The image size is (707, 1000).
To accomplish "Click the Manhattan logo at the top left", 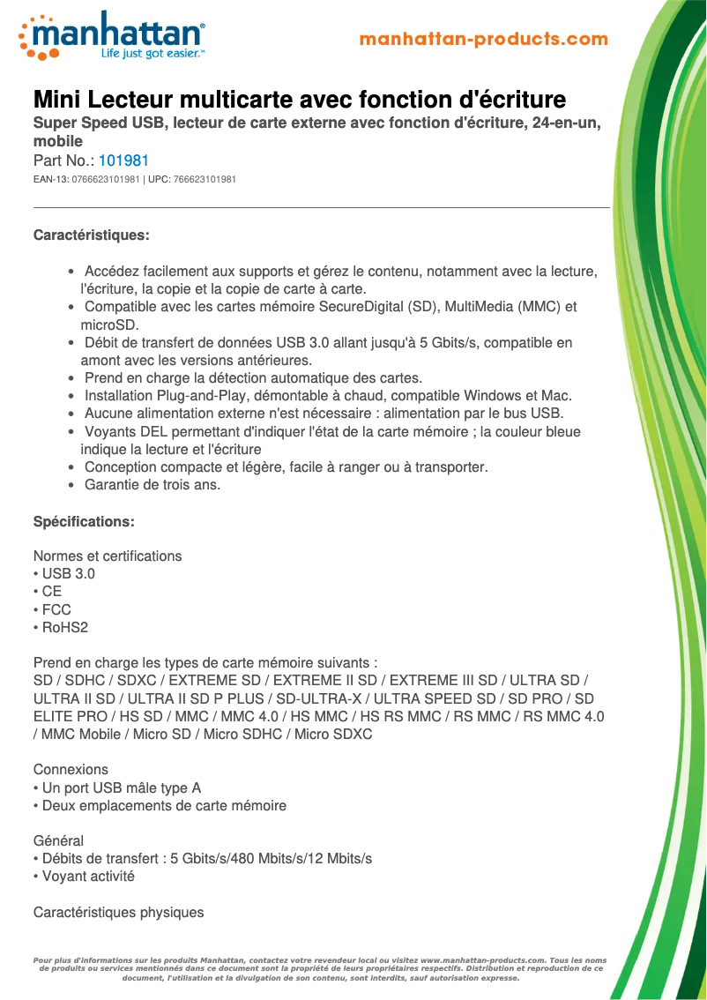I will [x=111, y=35].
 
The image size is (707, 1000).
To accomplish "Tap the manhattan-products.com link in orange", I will [x=484, y=40].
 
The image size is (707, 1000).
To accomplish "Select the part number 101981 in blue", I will [x=123, y=161].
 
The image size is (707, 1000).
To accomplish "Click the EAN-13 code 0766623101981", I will [x=106, y=180].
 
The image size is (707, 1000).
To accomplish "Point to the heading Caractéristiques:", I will [x=91, y=235].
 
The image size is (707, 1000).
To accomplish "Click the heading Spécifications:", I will [x=84, y=522].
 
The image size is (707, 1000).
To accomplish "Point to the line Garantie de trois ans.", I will [x=152, y=485].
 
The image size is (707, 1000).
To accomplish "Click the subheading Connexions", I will [x=71, y=770].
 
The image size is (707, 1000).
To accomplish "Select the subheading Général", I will [x=58, y=841].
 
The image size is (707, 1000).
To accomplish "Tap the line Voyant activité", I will [x=88, y=877].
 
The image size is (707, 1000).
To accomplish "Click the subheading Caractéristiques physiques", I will [x=118, y=913].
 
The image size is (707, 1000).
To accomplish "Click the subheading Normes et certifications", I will [x=108, y=556].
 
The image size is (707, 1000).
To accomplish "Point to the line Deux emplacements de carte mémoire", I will [x=164, y=806].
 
